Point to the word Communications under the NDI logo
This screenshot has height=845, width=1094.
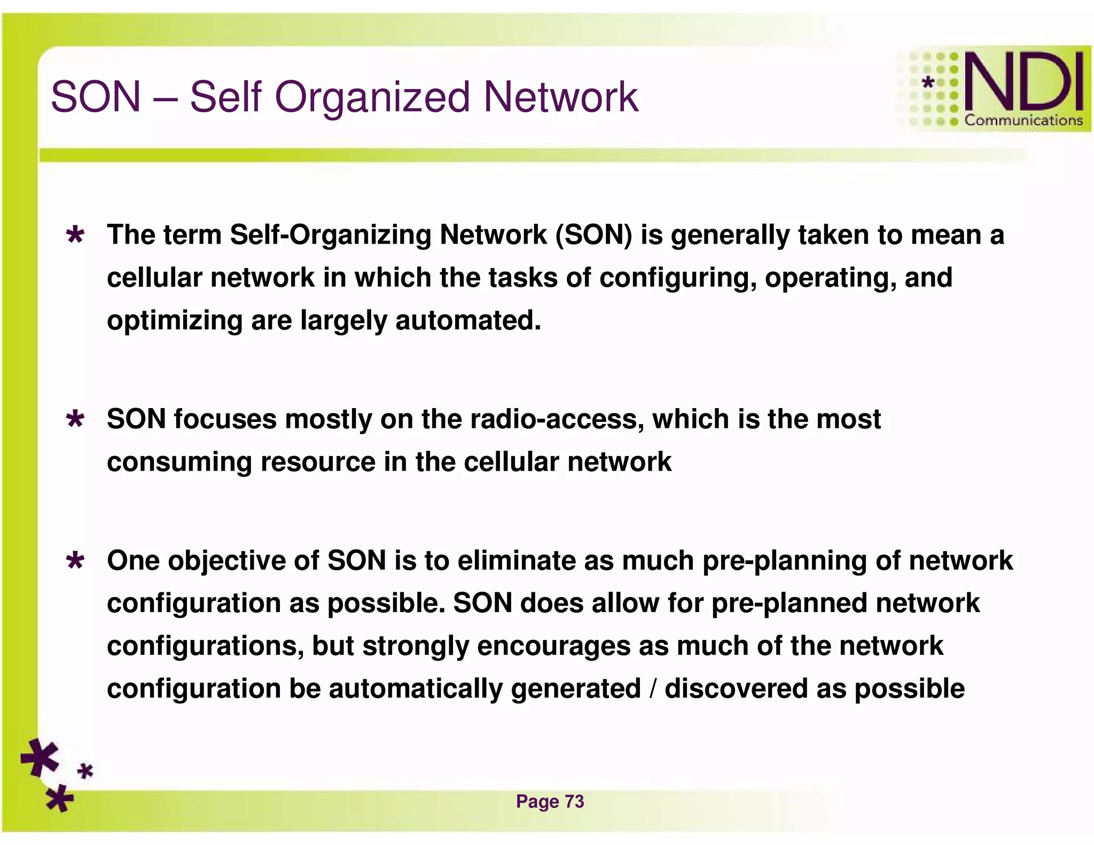tap(1023, 121)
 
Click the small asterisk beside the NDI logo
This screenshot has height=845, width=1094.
tap(928, 83)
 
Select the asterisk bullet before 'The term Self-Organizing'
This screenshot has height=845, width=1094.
tap(75, 236)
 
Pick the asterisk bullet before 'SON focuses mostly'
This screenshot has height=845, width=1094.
tap(75, 420)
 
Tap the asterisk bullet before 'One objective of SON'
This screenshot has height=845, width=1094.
tap(75, 561)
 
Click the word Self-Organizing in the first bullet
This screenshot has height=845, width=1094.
tap(330, 235)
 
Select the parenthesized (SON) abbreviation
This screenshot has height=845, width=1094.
tap(593, 235)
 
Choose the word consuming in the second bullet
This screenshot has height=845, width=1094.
tap(179, 462)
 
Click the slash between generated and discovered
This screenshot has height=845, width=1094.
tap(653, 689)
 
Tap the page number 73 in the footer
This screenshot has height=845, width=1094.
tap(574, 801)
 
